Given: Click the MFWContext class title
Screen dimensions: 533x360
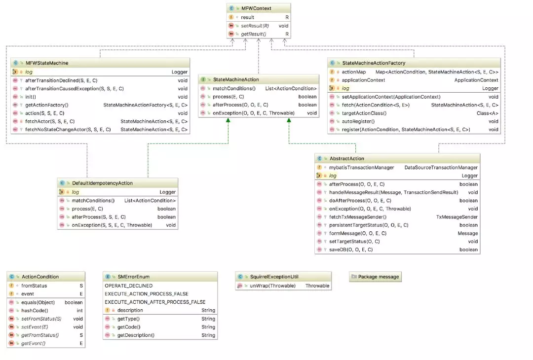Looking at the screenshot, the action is pos(256,8).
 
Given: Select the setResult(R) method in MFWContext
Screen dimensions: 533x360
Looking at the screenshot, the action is pos(255,26).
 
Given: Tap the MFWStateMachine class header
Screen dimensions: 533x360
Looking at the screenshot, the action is pos(47,63).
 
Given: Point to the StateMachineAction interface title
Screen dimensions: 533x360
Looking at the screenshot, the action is pos(236,79).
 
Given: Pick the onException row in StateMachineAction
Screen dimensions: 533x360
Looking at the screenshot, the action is pos(253,113).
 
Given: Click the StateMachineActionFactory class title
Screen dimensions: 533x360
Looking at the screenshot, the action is pos(374,63).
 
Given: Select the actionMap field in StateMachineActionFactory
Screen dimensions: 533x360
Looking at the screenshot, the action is pos(354,72).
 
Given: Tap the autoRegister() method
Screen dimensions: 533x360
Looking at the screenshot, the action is pos(358,121).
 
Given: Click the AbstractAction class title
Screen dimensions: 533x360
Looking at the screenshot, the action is pos(346,158).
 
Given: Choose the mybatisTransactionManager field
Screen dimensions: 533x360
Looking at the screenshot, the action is pos(362,167).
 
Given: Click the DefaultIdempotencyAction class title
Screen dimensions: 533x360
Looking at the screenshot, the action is pos(102,183).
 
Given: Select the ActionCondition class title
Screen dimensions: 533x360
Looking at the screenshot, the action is pos(40,277).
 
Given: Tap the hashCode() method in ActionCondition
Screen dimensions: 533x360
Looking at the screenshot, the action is pos(35,311).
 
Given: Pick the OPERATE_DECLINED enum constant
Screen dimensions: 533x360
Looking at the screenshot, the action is pos(129,286).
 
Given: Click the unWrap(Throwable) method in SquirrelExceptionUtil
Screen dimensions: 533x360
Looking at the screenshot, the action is pos(272,286).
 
